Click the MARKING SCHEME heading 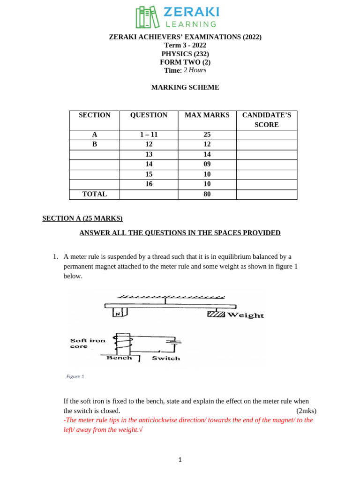point(185,87)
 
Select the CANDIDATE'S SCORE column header point(266,120)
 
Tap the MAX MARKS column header point(207,115)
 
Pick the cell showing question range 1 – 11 point(149,135)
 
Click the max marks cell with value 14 point(207,154)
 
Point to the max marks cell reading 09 point(207,164)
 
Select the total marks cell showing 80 point(207,194)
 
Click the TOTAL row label point(94,194)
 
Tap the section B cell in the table point(94,144)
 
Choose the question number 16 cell point(149,184)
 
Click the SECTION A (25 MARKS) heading point(82,218)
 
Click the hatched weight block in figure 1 point(216,314)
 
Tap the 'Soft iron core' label point(88,343)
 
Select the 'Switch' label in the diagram point(166,358)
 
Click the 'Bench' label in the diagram point(120,358)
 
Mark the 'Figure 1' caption point(75,376)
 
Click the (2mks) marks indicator point(306,411)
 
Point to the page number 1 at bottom point(180,460)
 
